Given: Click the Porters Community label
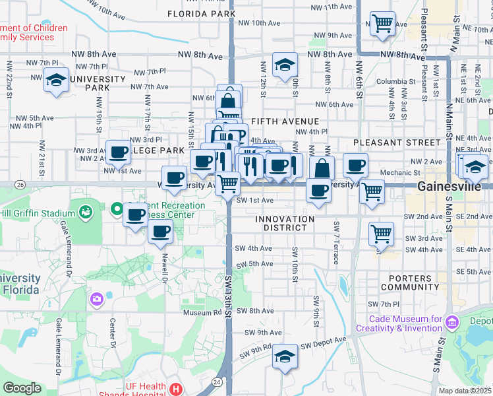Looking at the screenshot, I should (x=409, y=282).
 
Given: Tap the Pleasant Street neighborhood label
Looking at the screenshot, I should (x=396, y=142).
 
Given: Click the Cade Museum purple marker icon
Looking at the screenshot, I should (x=451, y=323).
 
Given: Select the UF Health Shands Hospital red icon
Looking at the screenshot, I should (x=176, y=389).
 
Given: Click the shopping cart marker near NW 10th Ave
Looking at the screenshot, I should (x=382, y=24).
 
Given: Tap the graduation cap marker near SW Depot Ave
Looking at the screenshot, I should (x=285, y=357).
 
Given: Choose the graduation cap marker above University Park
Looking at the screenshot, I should (x=57, y=81).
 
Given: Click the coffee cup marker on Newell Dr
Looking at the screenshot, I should (x=161, y=232).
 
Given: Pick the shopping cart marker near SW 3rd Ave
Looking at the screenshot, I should (x=381, y=232).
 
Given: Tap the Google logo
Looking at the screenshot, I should (x=22, y=388).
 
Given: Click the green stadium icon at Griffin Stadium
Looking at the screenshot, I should (x=84, y=212).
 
